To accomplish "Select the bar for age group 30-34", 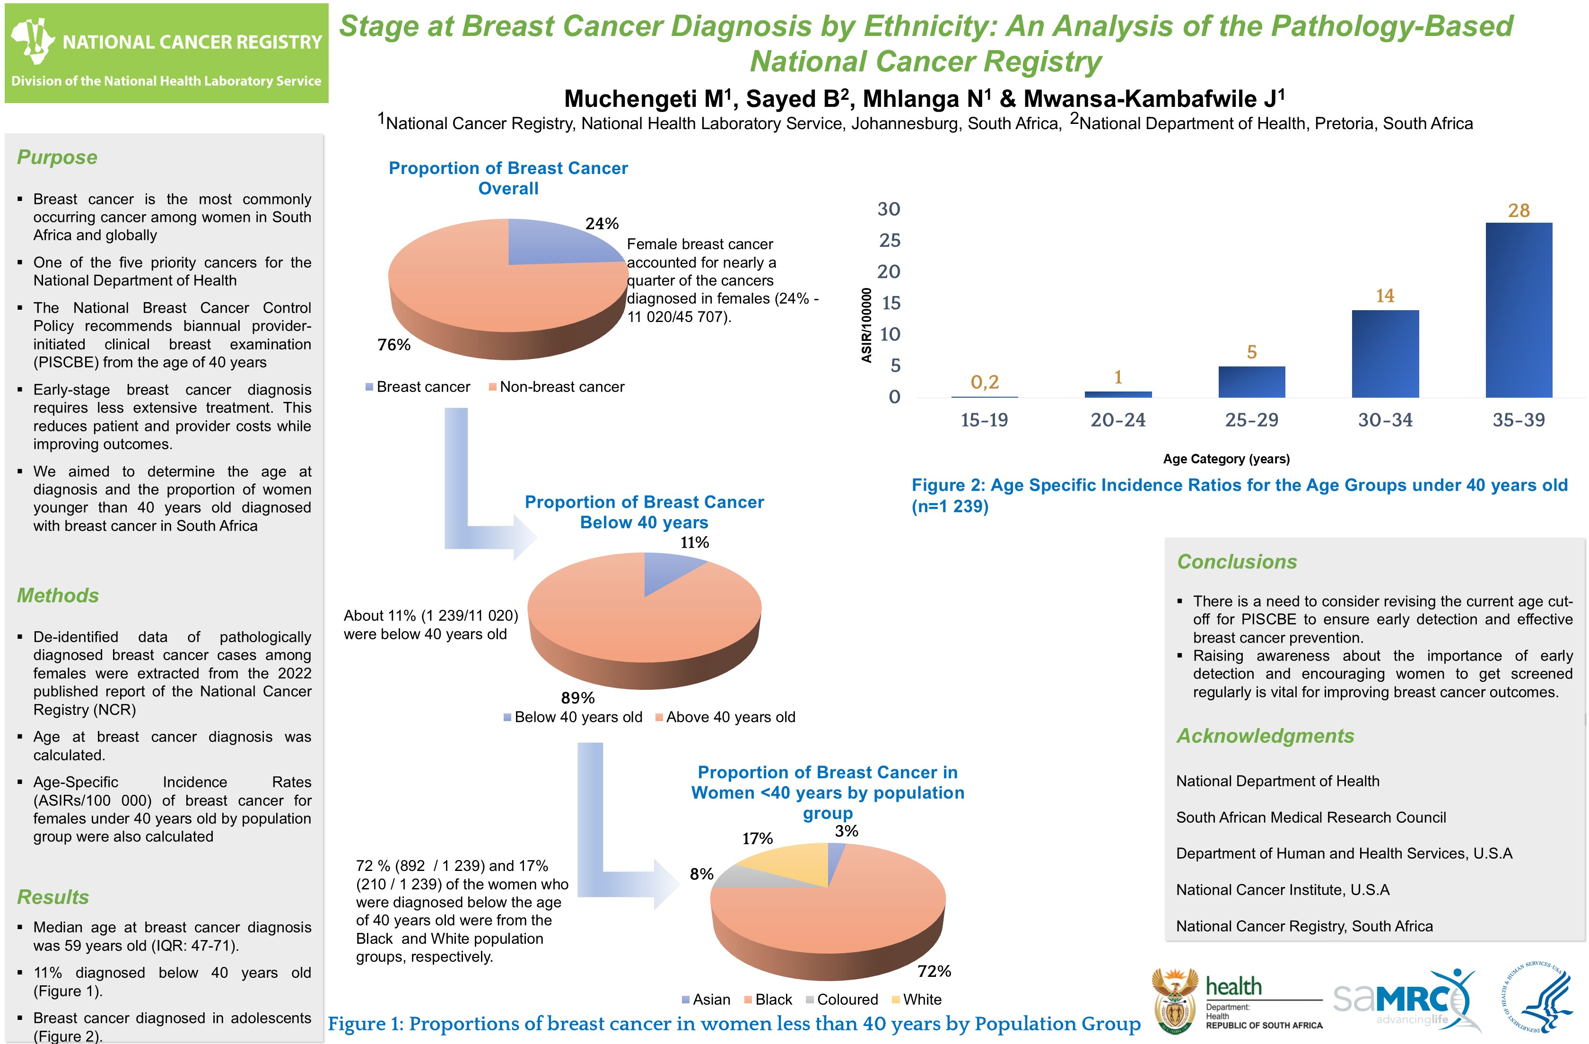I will click(x=1385, y=354).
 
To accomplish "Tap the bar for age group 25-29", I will click(x=1251, y=382).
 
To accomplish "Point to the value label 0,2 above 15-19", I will click(x=984, y=382).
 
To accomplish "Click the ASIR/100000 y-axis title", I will click(x=866, y=325).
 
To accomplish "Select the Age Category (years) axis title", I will click(x=1226, y=459).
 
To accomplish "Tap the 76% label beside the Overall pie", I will click(x=394, y=344).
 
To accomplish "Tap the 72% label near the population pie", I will click(x=934, y=971).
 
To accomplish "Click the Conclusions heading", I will click(x=1237, y=561).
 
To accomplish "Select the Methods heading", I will click(x=58, y=595).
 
